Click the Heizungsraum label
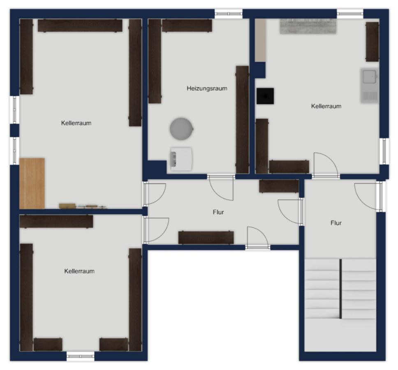[x=207, y=88]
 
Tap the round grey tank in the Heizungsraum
[x=181, y=128]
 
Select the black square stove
[x=265, y=96]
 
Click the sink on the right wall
[x=369, y=85]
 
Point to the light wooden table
[x=32, y=183]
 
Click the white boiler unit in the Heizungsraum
[x=181, y=159]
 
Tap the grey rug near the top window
[x=308, y=26]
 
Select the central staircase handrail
[x=340, y=289]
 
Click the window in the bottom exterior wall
[x=81, y=356]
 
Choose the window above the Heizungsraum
[x=229, y=14]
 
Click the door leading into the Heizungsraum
[x=220, y=187]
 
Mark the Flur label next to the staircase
[x=336, y=223]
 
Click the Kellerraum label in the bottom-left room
[x=79, y=271]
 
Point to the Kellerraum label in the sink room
[x=326, y=106]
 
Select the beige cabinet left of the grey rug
[x=260, y=40]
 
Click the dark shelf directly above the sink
[x=372, y=42]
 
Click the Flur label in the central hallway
[x=218, y=212]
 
